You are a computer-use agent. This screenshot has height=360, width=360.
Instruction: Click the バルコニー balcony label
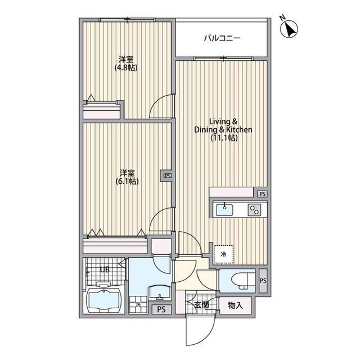pos(222,39)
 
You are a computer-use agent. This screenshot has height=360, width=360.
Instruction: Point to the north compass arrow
pos(290,29)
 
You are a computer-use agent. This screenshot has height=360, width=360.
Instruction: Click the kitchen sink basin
pos(226,209)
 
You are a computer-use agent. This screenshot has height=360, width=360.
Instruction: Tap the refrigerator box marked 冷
pos(223,254)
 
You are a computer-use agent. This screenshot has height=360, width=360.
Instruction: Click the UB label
pos(104,269)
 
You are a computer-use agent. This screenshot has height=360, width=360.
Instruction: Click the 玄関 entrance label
pos(201,305)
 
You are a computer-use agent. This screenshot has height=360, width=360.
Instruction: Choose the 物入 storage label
pos(235,305)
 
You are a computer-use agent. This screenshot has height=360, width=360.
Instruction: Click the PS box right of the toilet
pos(263,281)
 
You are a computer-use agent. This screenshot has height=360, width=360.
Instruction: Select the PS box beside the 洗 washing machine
pos(161,309)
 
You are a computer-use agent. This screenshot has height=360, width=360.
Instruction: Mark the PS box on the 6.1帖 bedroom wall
pos(167,175)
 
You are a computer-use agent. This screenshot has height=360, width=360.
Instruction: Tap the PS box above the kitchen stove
pos(262,194)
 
